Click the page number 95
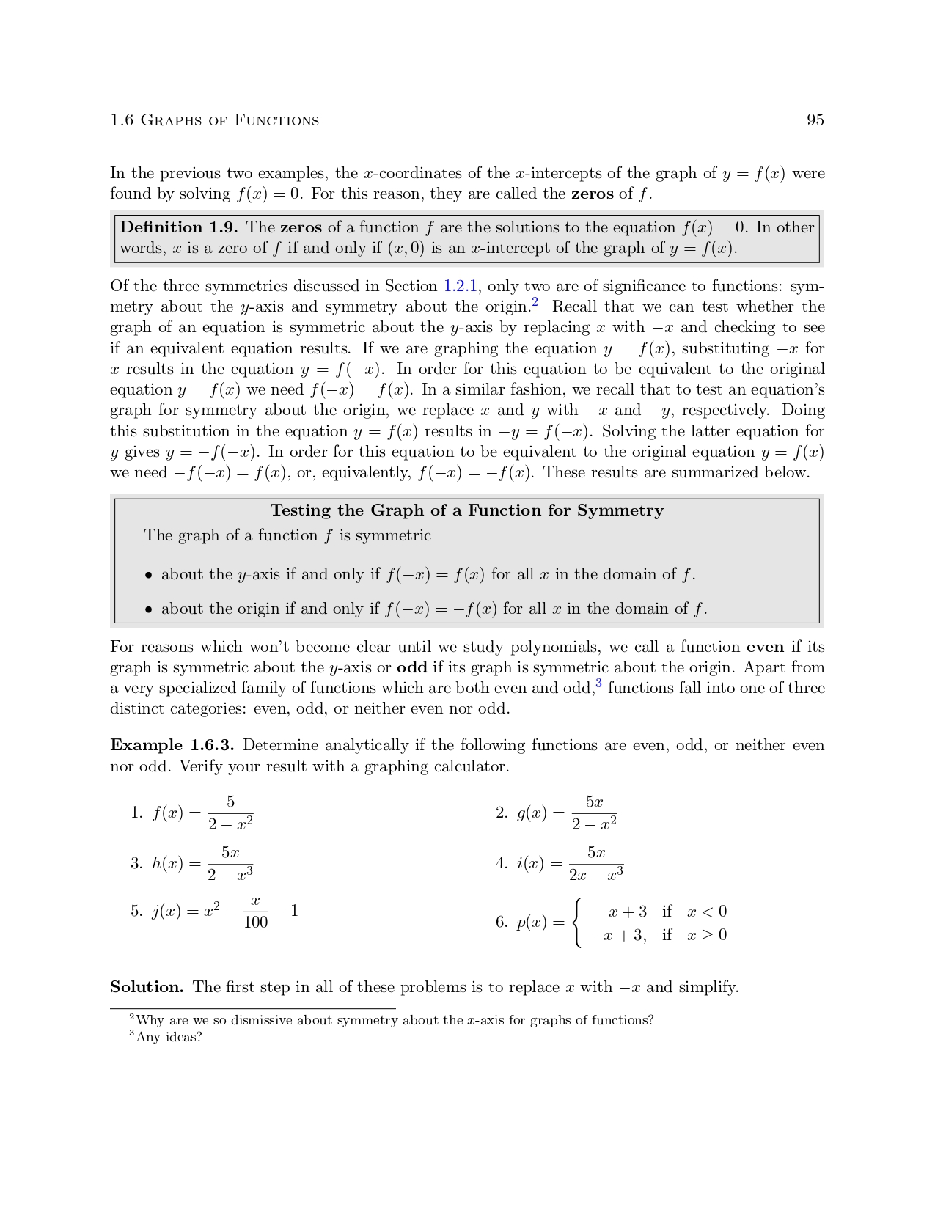pos(815,120)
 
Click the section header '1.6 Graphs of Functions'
pos(214,120)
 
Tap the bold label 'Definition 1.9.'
pos(178,227)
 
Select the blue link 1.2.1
pos(461,286)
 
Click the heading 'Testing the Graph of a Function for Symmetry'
pos(466,510)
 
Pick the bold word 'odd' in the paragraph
pos(411,667)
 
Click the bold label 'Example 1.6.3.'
pos(172,745)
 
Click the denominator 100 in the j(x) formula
pos(255,923)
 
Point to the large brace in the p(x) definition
pos(579,923)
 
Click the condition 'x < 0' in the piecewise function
pos(707,912)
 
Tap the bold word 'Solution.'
pos(147,987)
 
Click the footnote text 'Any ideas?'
pos(169,1037)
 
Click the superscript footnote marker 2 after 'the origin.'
pos(535,302)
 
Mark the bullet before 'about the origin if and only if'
pos(148,609)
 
